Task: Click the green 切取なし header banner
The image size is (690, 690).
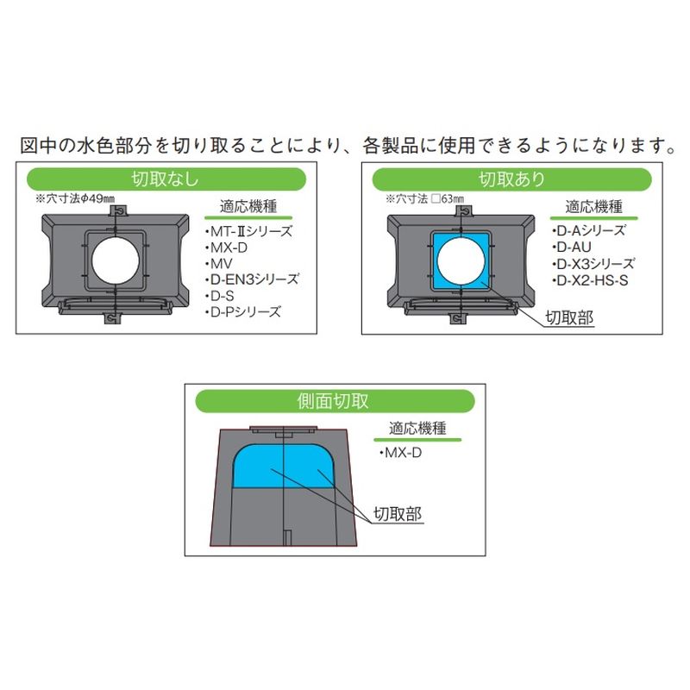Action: point(166,179)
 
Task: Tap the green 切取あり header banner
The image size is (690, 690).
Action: point(511,179)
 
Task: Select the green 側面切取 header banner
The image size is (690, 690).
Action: point(335,401)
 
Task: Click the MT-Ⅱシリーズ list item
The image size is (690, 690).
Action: point(248,231)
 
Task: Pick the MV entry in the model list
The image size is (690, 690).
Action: point(219,264)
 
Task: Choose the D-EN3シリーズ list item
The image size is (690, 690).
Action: point(252,279)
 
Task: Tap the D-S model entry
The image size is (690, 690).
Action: point(220,296)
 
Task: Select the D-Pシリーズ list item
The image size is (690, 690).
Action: point(243,312)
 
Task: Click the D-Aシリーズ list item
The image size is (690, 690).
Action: point(588,230)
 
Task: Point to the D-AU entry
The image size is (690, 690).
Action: point(571,247)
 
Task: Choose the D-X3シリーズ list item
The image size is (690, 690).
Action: point(593,264)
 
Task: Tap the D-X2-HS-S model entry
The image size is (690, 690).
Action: point(590,280)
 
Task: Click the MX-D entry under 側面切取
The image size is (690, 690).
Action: point(400,452)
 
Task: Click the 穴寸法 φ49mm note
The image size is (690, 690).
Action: point(75,198)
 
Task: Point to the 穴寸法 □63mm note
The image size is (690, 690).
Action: point(424,198)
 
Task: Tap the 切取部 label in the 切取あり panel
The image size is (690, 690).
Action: point(569,317)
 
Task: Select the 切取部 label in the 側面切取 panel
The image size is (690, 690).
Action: point(398,513)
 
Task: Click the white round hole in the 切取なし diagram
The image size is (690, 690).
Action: point(116,261)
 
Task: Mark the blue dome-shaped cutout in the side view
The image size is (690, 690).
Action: point(283,467)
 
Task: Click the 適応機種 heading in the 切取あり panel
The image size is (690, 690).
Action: point(593,206)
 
